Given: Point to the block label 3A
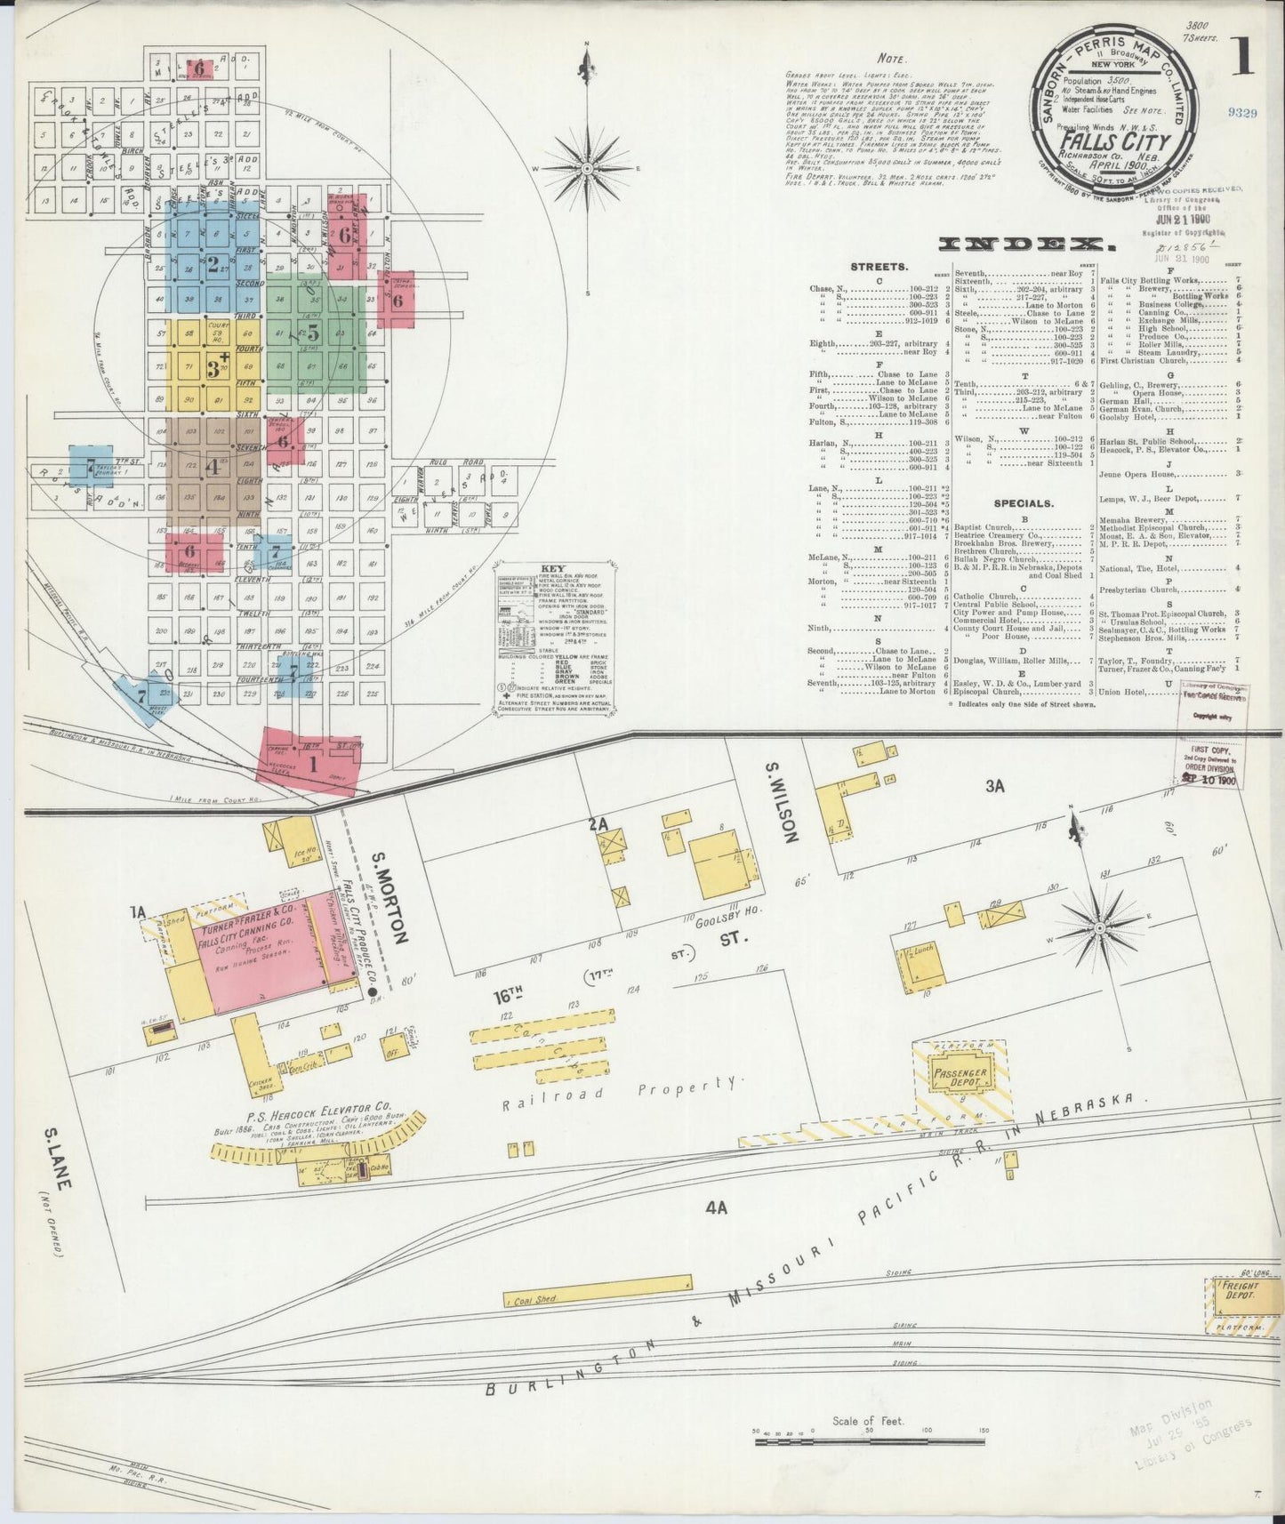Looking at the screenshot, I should (994, 786).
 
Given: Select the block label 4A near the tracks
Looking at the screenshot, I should (716, 1207).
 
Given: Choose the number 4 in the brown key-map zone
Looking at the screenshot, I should (212, 467).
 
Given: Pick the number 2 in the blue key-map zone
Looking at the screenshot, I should (213, 263).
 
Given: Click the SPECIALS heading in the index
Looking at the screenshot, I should (1024, 503).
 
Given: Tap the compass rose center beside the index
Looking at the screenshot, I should (587, 167).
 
